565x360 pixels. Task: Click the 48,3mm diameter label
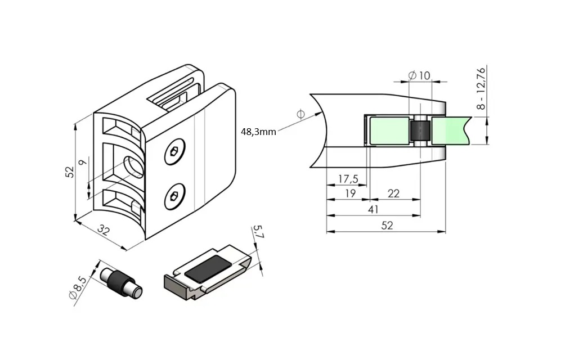pos(258,132)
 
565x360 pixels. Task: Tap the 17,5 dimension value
pos(348,179)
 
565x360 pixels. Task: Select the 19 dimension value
pos(350,193)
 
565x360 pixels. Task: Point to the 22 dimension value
pos(393,193)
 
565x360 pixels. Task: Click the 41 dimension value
pos(373,209)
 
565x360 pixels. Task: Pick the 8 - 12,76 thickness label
pos(481,88)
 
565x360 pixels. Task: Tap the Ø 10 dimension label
pos(419,75)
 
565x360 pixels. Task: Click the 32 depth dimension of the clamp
pos(103,230)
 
